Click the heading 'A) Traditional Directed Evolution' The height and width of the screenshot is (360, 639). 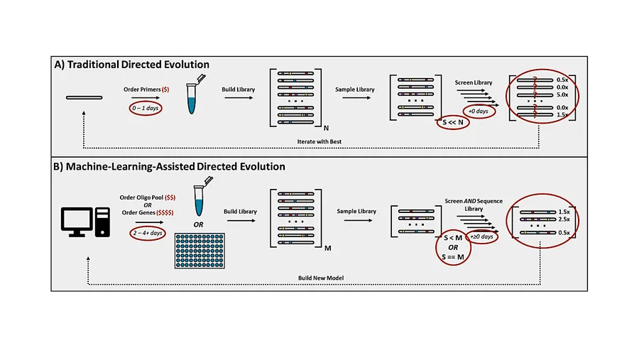[131, 65]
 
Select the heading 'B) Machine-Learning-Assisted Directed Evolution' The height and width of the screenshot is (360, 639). [169, 166]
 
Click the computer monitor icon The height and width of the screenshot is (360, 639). [77, 222]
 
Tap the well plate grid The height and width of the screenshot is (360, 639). [200, 251]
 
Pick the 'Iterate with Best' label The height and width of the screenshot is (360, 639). [319, 141]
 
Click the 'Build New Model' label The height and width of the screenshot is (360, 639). [321, 278]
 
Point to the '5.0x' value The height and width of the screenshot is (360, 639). [562, 94]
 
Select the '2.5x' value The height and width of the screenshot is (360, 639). [564, 219]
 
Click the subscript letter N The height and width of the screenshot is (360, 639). [326, 128]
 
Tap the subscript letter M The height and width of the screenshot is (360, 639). [327, 248]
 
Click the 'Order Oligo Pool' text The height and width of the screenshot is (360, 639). [141, 197]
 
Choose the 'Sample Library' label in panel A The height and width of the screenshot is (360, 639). [354, 89]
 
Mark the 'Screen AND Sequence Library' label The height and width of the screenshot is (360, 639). [474, 204]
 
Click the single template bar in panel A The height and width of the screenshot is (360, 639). [84, 97]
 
